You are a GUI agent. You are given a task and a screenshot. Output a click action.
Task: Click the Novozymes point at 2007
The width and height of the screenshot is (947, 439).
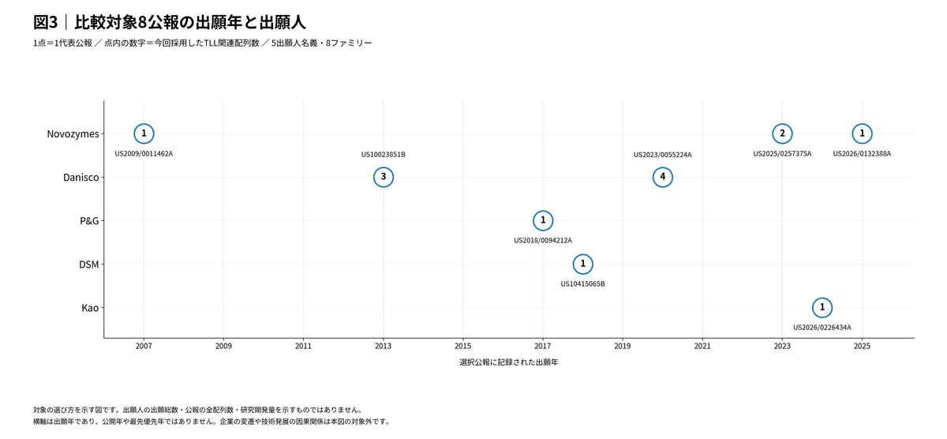tap(144, 123)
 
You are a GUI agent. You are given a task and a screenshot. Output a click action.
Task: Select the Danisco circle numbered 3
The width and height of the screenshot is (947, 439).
tap(384, 167)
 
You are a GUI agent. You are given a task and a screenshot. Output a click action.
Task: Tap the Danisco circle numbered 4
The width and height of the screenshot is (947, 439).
tap(662, 167)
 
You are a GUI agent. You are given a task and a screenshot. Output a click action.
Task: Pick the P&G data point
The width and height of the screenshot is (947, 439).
tap(543, 211)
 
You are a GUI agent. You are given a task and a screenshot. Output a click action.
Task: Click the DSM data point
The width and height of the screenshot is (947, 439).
tap(582, 254)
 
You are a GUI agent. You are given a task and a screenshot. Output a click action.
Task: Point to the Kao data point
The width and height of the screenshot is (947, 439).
tap(822, 298)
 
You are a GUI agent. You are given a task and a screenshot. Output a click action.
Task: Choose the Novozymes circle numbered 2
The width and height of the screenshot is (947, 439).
tap(782, 123)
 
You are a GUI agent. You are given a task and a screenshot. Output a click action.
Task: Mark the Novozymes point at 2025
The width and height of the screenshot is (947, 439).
tap(862, 123)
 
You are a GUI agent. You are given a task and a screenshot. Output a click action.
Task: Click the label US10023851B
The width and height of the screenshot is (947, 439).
tap(384, 155)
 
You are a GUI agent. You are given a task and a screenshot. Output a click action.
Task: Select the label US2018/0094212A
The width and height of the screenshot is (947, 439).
tap(543, 240)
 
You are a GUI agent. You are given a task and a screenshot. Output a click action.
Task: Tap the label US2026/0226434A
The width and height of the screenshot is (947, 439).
tap(822, 328)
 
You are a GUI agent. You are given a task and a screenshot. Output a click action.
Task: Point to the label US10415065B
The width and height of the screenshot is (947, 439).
tap(582, 283)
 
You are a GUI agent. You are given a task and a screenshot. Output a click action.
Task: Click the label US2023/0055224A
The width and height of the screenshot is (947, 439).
tap(662, 155)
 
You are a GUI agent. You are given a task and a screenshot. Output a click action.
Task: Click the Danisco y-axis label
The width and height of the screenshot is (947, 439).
tap(80, 177)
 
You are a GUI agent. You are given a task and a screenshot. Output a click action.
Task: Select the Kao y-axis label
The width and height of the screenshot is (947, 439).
tap(90, 308)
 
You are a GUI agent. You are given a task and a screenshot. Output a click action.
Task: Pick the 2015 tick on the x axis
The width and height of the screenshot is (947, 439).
tap(463, 346)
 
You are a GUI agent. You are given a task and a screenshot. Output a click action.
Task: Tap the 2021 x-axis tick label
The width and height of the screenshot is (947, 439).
tap(702, 346)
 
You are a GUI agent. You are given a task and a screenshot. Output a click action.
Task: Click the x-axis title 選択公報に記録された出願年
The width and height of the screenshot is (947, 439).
tap(508, 362)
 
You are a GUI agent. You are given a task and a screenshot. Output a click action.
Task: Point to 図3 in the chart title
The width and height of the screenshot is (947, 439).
tap(45, 22)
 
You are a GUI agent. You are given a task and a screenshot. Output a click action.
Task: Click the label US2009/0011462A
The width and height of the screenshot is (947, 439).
tap(144, 153)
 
